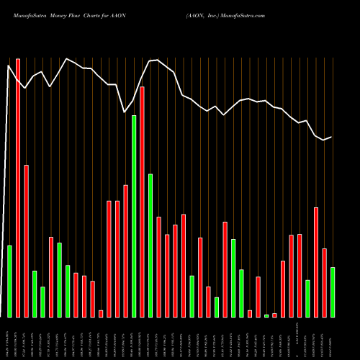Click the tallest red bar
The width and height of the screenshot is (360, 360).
click(18, 187)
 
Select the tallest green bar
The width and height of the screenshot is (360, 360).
click(134, 216)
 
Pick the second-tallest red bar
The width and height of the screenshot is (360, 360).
click(143, 202)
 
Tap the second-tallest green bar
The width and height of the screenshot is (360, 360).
click(150, 245)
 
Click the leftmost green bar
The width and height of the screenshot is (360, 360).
click(9, 281)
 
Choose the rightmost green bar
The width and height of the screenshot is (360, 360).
click(332, 292)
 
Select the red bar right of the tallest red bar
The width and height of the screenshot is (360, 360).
click(27, 241)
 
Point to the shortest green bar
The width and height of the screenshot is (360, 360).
click(266, 315)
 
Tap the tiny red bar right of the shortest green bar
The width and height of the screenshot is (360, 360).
click(274, 315)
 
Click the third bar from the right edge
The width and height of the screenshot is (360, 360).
click(315, 262)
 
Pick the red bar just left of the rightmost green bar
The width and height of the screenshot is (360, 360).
click(324, 282)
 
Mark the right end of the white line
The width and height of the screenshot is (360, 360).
click(331, 137)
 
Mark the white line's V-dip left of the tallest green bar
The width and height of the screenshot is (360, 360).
click(125, 113)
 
